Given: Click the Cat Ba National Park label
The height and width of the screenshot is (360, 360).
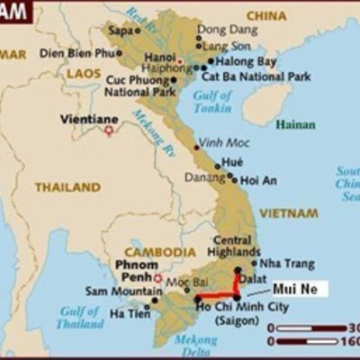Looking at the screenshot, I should coord(262,76).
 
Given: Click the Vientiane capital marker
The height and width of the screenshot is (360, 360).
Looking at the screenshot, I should coord(110,130).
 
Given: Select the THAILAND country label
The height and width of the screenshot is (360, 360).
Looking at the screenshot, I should coord(67,187).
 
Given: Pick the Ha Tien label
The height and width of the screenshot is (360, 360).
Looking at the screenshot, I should coord(129,312).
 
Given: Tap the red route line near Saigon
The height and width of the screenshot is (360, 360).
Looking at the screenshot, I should coord(217,296).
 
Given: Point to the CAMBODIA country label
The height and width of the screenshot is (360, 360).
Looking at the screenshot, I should coord(158,252).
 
